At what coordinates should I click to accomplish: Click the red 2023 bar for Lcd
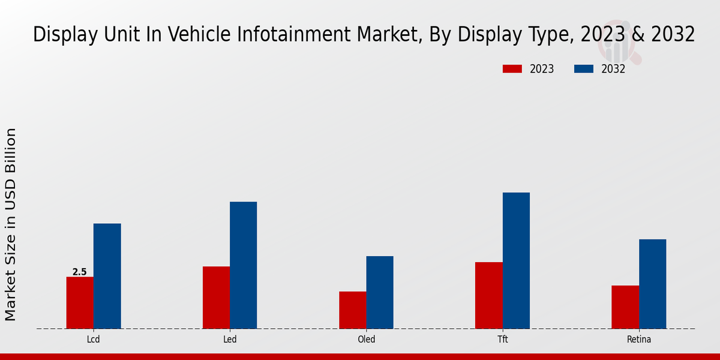click(x=80, y=302)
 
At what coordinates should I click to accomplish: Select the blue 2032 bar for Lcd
click(x=107, y=276)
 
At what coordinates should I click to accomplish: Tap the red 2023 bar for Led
click(x=216, y=298)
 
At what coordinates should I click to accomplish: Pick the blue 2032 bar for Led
click(x=243, y=265)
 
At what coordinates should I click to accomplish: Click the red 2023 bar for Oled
click(x=352, y=310)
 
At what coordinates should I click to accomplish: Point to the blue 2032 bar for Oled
click(x=380, y=292)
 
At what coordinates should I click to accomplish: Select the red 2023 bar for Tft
click(x=488, y=295)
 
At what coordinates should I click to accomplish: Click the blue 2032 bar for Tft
click(x=516, y=260)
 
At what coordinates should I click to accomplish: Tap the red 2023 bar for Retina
click(x=625, y=307)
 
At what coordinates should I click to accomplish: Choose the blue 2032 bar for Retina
click(x=652, y=284)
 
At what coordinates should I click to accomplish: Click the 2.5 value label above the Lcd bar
click(x=80, y=272)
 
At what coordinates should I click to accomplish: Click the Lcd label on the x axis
click(x=93, y=340)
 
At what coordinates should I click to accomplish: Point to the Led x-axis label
click(x=230, y=340)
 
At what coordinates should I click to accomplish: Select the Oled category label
click(x=366, y=340)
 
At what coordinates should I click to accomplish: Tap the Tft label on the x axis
click(x=502, y=340)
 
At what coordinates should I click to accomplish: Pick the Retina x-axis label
click(x=639, y=340)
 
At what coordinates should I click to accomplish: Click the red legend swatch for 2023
click(x=512, y=69)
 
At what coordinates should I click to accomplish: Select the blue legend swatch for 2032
click(x=584, y=69)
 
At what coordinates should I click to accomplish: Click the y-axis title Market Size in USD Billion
click(x=11, y=224)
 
